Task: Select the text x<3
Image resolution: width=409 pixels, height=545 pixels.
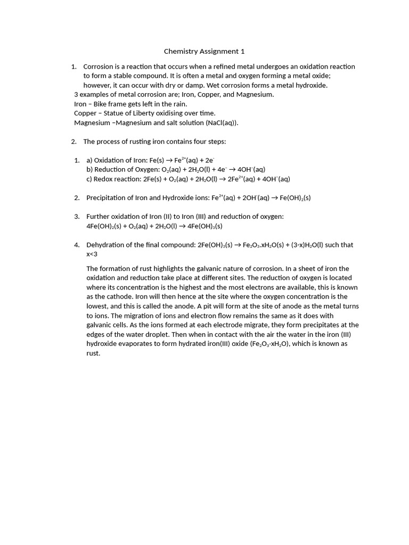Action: pos(92,254)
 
